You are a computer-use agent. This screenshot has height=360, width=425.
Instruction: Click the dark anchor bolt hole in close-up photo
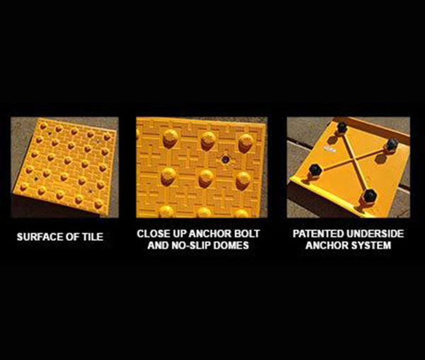(225, 159)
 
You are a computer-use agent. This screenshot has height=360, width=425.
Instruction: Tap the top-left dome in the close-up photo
(170, 138)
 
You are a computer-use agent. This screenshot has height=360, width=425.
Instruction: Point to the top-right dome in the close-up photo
(246, 142)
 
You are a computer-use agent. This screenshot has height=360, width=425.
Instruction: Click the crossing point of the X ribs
(353, 159)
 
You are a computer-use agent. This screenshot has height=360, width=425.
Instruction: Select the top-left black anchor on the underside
(342, 128)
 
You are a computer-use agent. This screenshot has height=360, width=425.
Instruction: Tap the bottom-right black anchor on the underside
(369, 196)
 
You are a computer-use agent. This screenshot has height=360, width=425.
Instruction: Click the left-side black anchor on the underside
(315, 170)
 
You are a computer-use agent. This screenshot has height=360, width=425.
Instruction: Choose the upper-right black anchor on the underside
(392, 144)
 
